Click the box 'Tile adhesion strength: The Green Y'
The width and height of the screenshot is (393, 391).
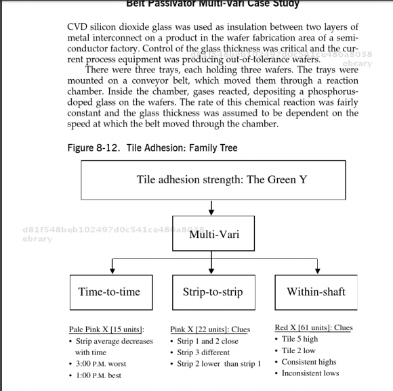(x=211, y=179)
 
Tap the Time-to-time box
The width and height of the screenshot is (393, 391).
(x=109, y=292)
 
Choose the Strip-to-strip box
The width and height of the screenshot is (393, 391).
(x=213, y=292)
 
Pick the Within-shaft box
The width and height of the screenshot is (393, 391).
(x=316, y=292)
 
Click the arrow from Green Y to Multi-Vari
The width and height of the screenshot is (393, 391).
(x=212, y=206)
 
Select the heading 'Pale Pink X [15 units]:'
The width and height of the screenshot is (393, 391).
(x=106, y=329)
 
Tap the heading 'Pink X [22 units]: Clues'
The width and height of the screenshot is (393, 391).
(x=210, y=329)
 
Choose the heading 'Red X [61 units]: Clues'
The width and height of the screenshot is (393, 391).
(x=314, y=327)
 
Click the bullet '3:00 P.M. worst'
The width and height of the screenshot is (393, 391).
(x=101, y=364)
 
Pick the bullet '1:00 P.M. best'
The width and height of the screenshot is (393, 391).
(x=99, y=375)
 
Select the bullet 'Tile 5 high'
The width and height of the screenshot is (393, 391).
(x=299, y=339)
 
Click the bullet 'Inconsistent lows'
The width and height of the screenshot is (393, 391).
(x=310, y=373)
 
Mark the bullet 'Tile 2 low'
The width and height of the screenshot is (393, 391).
(x=298, y=350)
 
